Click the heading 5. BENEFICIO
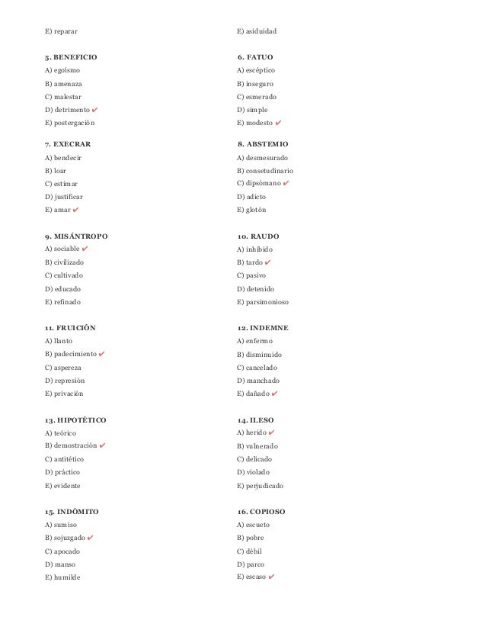(x=71, y=57)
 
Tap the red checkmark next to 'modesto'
(x=280, y=123)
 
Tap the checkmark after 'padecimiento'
(x=102, y=354)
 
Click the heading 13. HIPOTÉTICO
(x=75, y=419)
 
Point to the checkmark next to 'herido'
(x=272, y=432)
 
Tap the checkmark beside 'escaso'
(x=272, y=577)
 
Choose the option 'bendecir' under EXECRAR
(x=66, y=157)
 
